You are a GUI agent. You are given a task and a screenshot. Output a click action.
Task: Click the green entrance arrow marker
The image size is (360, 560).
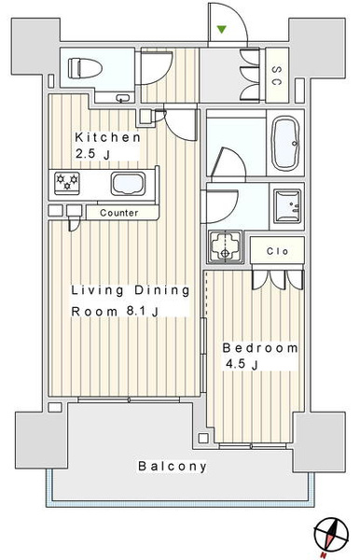coord(222,30)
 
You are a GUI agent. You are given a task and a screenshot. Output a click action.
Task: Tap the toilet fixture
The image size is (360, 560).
coord(85,68)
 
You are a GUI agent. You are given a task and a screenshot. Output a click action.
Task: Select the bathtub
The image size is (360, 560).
coord(285,143)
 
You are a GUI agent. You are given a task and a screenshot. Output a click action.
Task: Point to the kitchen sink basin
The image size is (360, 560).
coord(129,184)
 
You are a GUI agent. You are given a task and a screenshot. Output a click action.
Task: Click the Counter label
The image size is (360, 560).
coord(119,213)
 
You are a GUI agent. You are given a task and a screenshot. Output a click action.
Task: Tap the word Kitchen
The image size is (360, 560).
coord(107,137)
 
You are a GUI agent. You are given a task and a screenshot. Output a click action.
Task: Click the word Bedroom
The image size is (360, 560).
coord(260,348)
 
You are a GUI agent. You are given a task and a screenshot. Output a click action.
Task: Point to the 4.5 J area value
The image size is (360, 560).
coord(242,364)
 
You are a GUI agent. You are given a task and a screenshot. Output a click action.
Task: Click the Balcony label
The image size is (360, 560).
coord(173,466)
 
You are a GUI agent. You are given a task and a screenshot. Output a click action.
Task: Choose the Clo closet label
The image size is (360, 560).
coord(277,251)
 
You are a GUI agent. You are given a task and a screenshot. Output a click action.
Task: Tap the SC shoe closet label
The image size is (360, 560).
coord(276,76)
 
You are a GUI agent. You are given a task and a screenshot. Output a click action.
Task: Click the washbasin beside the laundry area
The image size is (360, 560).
coord(287,205)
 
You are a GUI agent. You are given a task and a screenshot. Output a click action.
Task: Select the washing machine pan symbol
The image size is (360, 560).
coord(225,247)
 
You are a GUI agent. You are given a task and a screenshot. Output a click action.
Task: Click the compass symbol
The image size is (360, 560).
coord(331,536)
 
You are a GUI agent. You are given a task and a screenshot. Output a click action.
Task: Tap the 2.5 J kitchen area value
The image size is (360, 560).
coord(92,154)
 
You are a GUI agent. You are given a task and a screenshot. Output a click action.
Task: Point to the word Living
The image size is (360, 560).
coord(97,290)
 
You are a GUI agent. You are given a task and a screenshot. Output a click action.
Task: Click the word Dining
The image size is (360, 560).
coord(162,290)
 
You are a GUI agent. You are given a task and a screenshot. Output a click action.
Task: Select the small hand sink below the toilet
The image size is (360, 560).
coord(123,98)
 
